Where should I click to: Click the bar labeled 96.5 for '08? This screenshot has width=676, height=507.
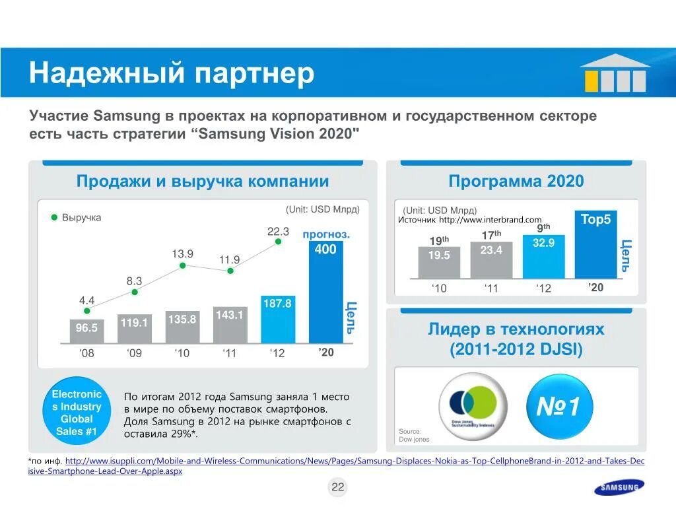[87, 331]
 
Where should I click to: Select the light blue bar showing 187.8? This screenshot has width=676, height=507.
[278, 319]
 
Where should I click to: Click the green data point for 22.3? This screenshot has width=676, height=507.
[278, 242]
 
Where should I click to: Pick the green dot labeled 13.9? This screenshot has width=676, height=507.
[183, 265]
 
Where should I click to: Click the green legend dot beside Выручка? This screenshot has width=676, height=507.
[55, 217]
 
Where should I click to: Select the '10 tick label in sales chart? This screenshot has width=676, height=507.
[182, 353]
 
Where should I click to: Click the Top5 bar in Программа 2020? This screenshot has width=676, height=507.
[595, 244]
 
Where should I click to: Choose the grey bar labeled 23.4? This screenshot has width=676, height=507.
[491, 259]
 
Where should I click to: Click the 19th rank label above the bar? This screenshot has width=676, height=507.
[439, 241]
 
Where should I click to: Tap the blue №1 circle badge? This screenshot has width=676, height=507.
[558, 407]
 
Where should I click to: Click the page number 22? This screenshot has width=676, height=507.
[338, 488]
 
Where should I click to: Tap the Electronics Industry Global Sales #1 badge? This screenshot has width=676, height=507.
[77, 413]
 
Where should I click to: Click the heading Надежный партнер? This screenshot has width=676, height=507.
[171, 73]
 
